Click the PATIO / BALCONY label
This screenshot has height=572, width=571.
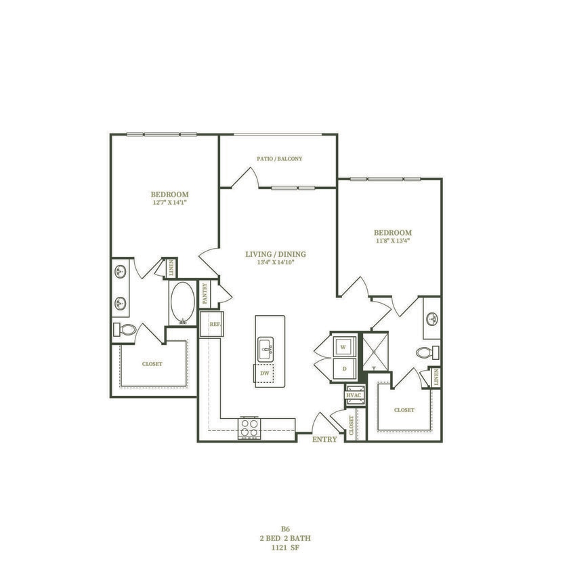(279, 159)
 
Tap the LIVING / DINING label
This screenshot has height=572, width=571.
(276, 254)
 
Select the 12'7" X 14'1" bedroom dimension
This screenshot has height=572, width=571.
(169, 203)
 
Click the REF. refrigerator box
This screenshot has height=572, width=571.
(214, 324)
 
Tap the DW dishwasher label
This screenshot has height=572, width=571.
(266, 372)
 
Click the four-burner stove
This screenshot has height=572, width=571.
(249, 428)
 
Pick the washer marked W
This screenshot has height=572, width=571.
(343, 346)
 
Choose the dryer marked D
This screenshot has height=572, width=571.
(343, 369)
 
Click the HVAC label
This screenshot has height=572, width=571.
(354, 394)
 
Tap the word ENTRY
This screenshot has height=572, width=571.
(324, 439)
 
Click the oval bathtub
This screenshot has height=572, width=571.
(183, 303)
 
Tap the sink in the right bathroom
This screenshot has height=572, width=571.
(431, 319)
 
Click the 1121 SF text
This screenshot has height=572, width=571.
(285, 547)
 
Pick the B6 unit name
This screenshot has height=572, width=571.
(285, 529)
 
